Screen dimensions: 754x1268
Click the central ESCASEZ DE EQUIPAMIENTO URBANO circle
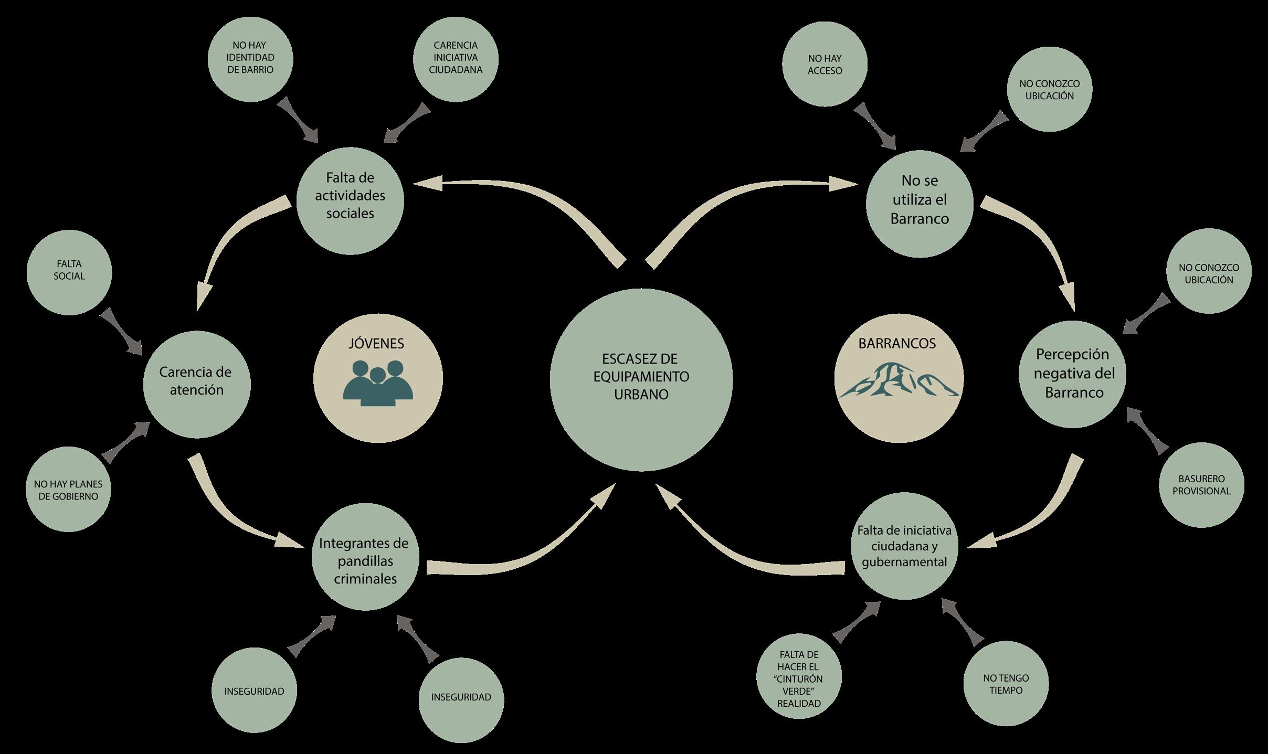(641, 380)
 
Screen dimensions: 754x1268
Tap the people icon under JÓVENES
(378, 383)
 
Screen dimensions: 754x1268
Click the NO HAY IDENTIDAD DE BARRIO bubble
(250, 58)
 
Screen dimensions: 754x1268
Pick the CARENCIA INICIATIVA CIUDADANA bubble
(456, 58)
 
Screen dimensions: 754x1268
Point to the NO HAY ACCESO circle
(825, 64)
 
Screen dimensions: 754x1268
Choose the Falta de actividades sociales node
(350, 200)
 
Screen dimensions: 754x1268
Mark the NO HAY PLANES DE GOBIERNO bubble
(68, 490)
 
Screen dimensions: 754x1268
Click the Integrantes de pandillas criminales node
(365, 560)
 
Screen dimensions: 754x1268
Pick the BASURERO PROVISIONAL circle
(1201, 485)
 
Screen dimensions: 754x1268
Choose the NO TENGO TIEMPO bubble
(1006, 684)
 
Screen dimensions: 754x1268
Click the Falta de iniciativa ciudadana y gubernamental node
(904, 546)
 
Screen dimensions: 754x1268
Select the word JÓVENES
(376, 344)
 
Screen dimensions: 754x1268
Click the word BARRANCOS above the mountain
(897, 344)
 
